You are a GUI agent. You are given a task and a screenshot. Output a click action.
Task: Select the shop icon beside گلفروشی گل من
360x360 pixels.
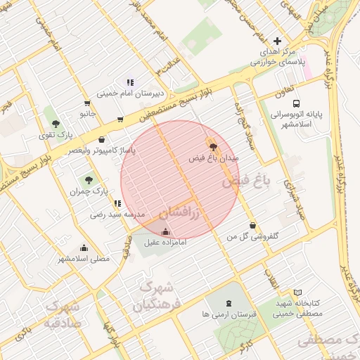point(252,226)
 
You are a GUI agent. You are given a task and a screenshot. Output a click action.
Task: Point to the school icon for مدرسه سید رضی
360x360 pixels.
point(117,203)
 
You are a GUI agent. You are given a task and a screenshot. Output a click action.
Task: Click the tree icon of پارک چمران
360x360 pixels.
point(89,180)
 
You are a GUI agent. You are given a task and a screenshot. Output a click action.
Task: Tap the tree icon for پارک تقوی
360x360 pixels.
point(56,124)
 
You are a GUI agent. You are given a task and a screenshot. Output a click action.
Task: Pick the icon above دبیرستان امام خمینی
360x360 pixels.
point(129,83)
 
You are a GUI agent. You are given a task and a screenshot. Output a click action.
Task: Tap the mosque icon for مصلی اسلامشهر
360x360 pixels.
point(84,247)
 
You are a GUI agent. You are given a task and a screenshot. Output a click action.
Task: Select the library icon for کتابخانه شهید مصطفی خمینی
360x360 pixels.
point(297,292)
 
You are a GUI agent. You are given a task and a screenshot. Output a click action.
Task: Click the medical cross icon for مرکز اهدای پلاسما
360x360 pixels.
point(277,41)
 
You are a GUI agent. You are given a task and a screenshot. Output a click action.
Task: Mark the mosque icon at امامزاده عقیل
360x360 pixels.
point(165,232)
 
